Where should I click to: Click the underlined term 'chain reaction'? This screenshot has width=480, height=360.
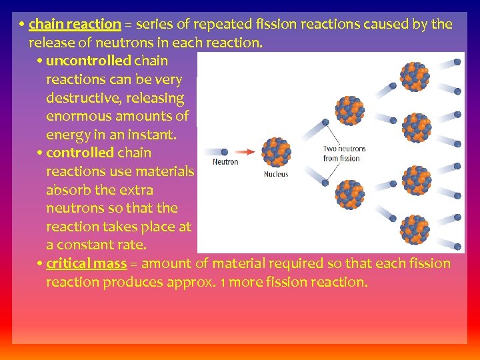tap(75, 25)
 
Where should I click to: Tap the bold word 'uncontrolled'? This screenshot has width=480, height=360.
tap(88, 61)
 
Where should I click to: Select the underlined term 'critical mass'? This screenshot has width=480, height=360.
tap(86, 264)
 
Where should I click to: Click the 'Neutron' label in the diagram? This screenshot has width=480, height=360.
tap(225, 162)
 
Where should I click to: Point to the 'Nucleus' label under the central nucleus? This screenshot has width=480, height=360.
tap(276, 174)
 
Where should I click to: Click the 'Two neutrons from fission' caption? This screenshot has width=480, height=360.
tap(344, 154)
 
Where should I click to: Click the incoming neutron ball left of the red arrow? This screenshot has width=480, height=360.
tap(224, 152)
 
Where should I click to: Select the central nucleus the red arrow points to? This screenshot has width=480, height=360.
tap(276, 152)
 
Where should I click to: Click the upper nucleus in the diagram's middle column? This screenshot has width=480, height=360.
tap(348, 110)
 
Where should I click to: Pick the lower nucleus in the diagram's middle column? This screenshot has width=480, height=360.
tap(348, 194)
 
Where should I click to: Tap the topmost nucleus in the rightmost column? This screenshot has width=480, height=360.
tap(414, 76)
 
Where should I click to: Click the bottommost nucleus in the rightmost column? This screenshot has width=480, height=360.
tap(414, 229)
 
